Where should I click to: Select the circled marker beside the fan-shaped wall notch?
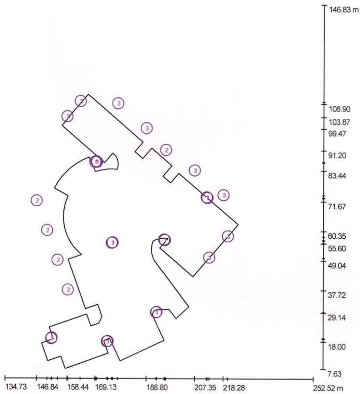[96, 162]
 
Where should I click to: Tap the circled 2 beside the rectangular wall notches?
[166, 150]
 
